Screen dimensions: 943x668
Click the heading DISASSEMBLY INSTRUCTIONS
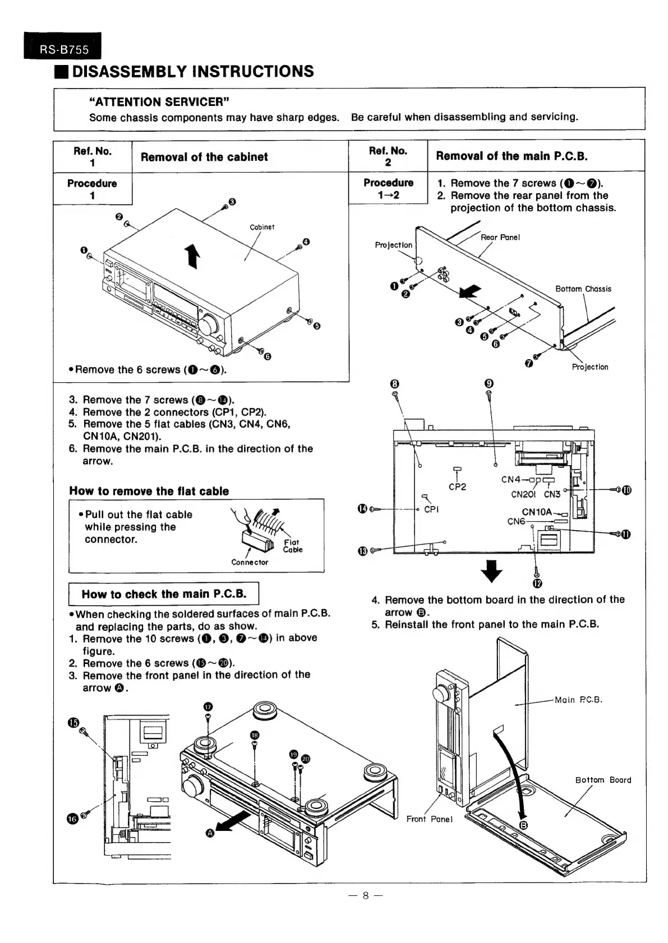pyautogui.click(x=193, y=72)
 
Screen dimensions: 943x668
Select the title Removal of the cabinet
pyautogui.click(x=204, y=157)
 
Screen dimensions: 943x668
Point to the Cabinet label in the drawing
pyautogui.click(x=262, y=227)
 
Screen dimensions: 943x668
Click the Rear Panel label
pyautogui.click(x=500, y=237)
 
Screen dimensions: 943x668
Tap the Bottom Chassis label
pyautogui.click(x=583, y=289)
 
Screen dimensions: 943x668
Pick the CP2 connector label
pyautogui.click(x=457, y=487)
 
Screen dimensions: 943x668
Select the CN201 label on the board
pyautogui.click(x=523, y=494)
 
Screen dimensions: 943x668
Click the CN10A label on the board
pyautogui.click(x=537, y=512)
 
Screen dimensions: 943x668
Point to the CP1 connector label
pyautogui.click(x=431, y=509)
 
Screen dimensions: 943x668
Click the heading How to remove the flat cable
pyautogui.click(x=149, y=491)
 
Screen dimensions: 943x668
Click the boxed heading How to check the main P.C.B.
pyautogui.click(x=164, y=594)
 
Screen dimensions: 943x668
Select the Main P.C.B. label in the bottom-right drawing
pyautogui.click(x=578, y=700)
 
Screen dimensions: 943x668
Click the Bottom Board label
pyautogui.click(x=603, y=780)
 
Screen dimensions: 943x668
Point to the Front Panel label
pyautogui.click(x=429, y=819)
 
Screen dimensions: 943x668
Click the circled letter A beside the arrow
pyautogui.click(x=210, y=833)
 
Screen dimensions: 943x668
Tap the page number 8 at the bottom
pyautogui.click(x=365, y=895)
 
